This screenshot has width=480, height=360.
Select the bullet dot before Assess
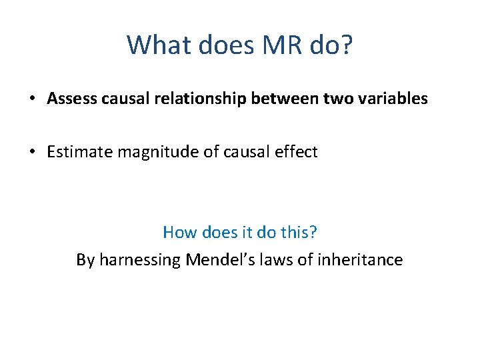point(33,99)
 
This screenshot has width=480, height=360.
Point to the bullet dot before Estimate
point(33,153)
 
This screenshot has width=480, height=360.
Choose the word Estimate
point(79,152)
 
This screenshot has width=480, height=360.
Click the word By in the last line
point(85,259)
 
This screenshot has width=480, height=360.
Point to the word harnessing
point(139,260)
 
